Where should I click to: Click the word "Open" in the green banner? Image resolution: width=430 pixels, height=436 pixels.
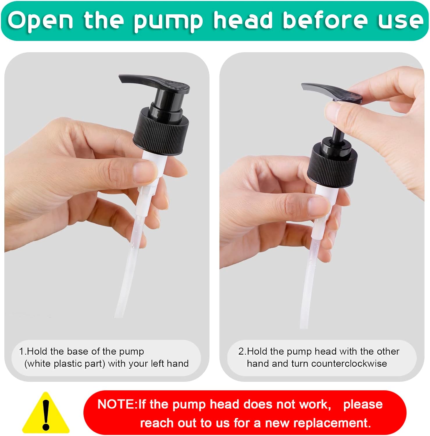pos(40,21)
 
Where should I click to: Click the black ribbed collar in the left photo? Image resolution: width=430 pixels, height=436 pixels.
pos(160,130)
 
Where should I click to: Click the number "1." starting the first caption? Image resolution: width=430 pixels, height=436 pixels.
pos(23,351)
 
